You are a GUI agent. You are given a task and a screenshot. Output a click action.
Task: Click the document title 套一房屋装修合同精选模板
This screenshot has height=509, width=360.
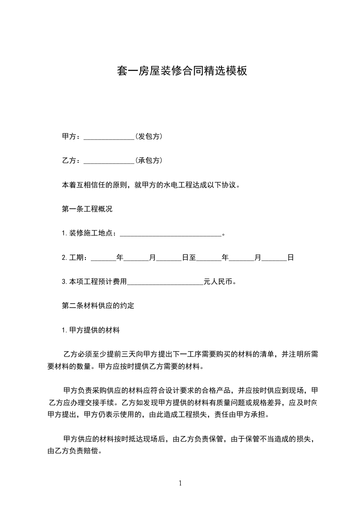[x=182, y=71]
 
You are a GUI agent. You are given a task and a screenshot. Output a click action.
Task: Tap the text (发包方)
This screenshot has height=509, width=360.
[x=149, y=136]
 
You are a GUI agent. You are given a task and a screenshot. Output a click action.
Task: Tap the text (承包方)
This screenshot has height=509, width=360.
[x=149, y=160]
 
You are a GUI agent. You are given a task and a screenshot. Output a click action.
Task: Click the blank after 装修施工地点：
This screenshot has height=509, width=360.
[x=170, y=234]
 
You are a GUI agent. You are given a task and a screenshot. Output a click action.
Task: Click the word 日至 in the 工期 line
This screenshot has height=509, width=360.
[x=189, y=258]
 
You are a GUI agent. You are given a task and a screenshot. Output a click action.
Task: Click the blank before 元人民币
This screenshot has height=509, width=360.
[x=165, y=282]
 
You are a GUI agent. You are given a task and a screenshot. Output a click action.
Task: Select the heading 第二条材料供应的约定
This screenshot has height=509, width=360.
[x=98, y=306]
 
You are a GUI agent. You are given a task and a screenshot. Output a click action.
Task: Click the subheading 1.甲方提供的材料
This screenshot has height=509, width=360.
[x=90, y=331]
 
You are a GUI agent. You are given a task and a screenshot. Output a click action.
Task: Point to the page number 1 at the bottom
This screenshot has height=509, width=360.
[x=180, y=484]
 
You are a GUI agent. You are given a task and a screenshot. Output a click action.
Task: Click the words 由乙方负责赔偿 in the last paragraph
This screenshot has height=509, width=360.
[x=72, y=451]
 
